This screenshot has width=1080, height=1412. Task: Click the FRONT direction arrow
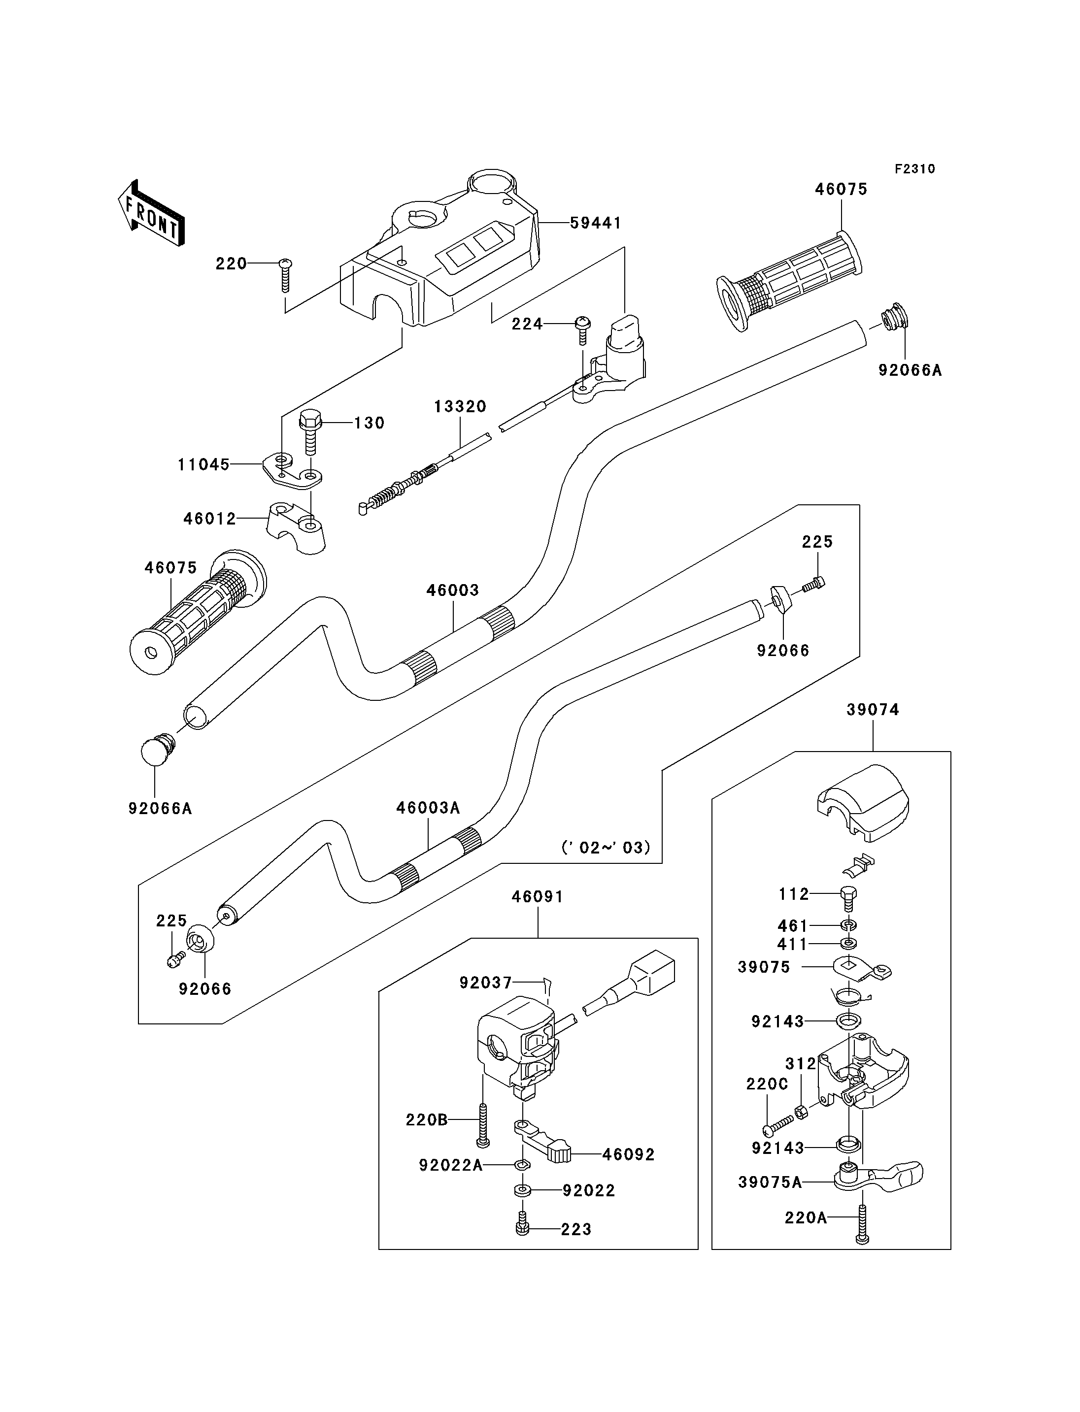coord(152,213)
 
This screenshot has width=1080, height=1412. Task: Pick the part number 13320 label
coord(460,406)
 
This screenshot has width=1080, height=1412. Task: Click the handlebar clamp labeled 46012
coord(296,528)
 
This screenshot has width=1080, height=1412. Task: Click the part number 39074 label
coord(873,710)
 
